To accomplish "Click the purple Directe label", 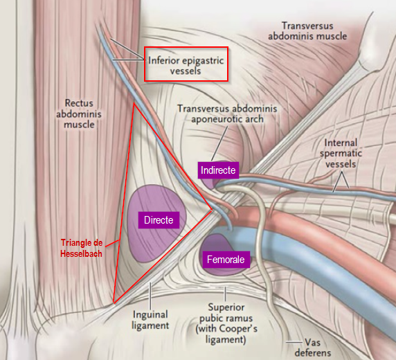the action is pyautogui.click(x=159, y=220).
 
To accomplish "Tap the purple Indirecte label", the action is pyautogui.click(x=218, y=170).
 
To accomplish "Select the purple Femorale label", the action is pyautogui.click(x=226, y=260).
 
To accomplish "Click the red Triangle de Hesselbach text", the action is pyautogui.click(x=82, y=248).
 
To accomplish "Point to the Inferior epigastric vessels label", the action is pyautogui.click(x=186, y=65).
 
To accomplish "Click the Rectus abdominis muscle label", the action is pyautogui.click(x=79, y=114).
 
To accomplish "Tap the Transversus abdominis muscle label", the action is pyautogui.click(x=307, y=31).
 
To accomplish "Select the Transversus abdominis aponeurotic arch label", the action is pyautogui.click(x=227, y=114).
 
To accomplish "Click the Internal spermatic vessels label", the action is pyautogui.click(x=341, y=154).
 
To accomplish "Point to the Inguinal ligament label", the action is pyautogui.click(x=150, y=320).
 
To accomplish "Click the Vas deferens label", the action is pyautogui.click(x=313, y=348).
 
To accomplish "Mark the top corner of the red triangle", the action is pyautogui.click(x=134, y=103).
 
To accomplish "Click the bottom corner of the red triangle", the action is pyautogui.click(x=114, y=303).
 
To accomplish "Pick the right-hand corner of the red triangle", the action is pyautogui.click(x=212, y=210).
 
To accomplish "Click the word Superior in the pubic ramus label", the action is pyautogui.click(x=226, y=307).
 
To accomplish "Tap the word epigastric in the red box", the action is pyautogui.click(x=203, y=61).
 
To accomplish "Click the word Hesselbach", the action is pyautogui.click(x=81, y=253).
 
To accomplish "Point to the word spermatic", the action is pyautogui.click(x=341, y=154).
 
